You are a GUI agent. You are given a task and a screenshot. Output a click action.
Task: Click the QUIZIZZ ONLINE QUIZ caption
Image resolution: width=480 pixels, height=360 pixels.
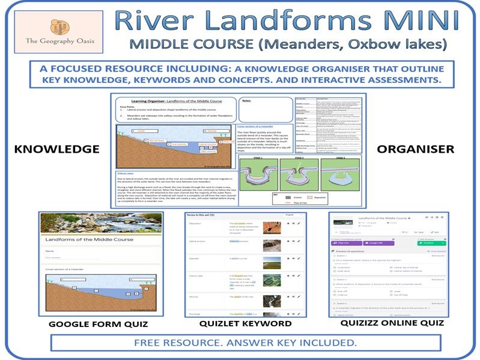click(393, 323)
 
